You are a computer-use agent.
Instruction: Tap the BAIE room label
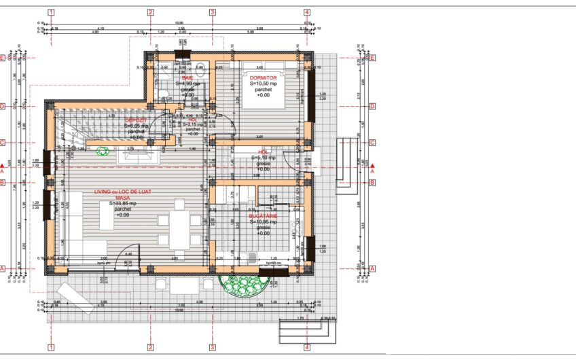[187, 78]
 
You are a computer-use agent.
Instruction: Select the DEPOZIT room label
[136, 120]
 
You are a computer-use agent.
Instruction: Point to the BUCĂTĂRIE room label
[266, 215]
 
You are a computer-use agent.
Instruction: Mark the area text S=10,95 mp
[266, 221]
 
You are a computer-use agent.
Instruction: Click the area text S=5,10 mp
[265, 158]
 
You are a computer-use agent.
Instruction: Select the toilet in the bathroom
[164, 94]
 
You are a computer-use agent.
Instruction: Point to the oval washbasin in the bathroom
[200, 67]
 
